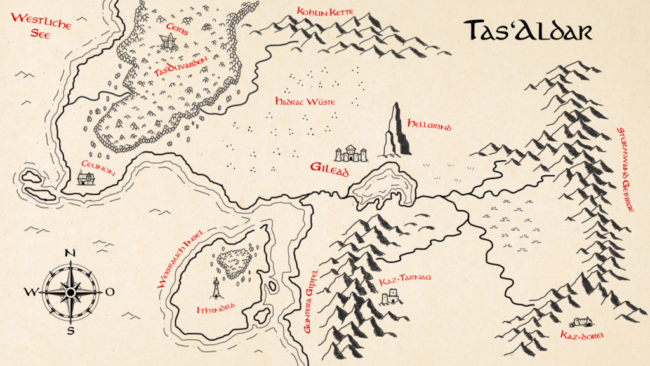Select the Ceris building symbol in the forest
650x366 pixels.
(168, 42)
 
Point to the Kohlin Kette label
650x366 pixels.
(325, 11)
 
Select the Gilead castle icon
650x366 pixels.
(351, 154)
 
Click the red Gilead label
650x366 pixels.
(329, 169)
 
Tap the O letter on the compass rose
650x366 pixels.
(109, 292)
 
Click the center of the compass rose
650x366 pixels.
(70, 292)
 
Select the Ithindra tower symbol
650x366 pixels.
(216, 288)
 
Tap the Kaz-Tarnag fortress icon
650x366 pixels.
(390, 297)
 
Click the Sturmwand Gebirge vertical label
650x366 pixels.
(625, 169)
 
